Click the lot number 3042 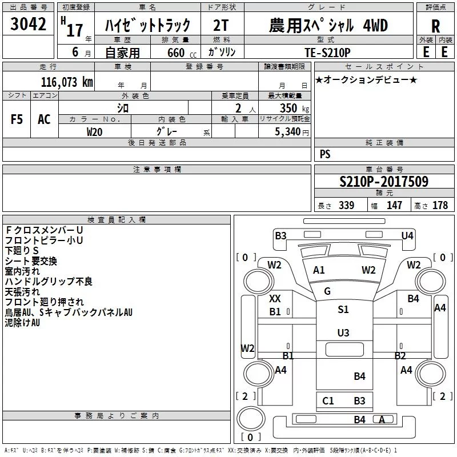pos(28,24)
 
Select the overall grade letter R pos(435,26)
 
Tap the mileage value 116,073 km pos(67,82)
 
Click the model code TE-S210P pos(327,53)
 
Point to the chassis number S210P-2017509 pos(384,182)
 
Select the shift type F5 pos(17,119)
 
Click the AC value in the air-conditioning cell pos(44,119)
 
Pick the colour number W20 pos(94,132)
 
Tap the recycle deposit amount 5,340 pos(287,132)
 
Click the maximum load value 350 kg pos(294,108)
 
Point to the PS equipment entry pos(325,154)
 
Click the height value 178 pos(440,205)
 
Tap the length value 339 pos(347,205)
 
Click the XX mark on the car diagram pos(275,299)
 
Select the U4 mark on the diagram pos(407,235)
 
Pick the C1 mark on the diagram pos(328,401)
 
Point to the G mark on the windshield pos(327,291)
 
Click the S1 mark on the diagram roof pos(343,309)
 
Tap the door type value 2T pos(221,25)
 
